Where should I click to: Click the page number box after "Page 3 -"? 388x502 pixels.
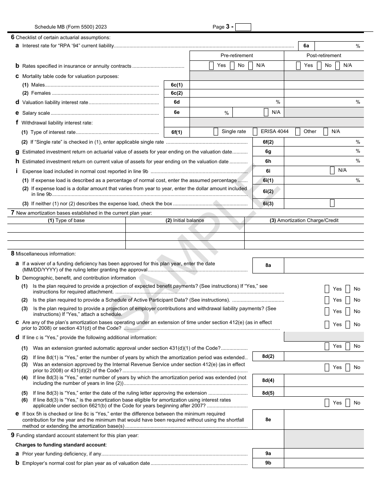tap(243, 27)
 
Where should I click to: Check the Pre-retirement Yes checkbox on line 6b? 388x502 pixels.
tap(211, 65)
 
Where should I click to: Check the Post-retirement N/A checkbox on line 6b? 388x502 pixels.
tap(337, 65)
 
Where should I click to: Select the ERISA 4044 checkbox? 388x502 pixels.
tap(255, 131)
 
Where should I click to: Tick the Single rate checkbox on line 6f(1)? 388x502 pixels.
tap(216, 131)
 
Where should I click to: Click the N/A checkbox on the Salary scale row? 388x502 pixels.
tap(266, 112)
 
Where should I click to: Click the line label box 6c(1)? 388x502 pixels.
tap(176, 85)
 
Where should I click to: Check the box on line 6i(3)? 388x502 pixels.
tap(332, 203)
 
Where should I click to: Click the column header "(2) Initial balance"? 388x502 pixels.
tap(185, 220)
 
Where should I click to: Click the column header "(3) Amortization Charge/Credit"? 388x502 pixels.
tap(304, 220)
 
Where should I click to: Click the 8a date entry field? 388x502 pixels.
tap(323, 265)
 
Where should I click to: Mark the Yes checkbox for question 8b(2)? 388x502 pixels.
tap(327, 300)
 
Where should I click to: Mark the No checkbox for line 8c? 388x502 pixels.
tap(348, 324)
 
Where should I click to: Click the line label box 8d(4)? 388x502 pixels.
tap(268, 380)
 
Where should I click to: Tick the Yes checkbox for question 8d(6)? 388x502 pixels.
tap(327, 403)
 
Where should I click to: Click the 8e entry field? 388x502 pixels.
tap(323, 420)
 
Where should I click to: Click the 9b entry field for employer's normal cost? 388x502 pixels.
tap(323, 463)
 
